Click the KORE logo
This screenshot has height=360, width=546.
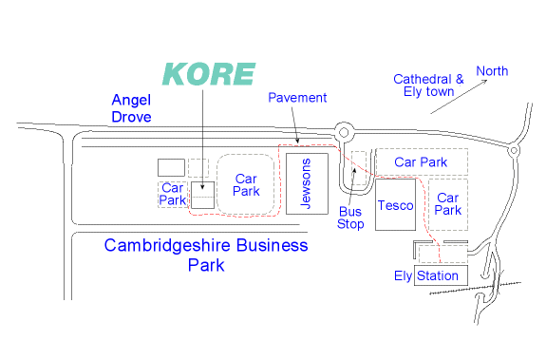(x=209, y=74)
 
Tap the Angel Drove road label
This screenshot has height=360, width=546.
(x=139, y=107)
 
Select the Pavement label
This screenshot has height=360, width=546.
(x=297, y=98)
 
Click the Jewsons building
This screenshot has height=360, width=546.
(x=307, y=184)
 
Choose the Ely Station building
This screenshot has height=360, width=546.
(x=441, y=275)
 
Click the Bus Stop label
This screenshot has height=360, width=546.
(x=350, y=218)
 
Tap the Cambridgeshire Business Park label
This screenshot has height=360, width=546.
(x=206, y=255)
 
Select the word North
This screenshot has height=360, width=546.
(x=492, y=71)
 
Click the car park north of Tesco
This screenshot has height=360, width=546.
(x=421, y=162)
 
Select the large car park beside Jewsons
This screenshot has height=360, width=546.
(x=247, y=184)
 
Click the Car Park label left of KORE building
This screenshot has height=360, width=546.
(x=172, y=193)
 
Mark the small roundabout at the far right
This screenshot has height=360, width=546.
(x=513, y=149)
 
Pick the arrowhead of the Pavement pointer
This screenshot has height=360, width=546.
(x=300, y=143)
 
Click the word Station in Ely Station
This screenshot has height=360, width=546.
(x=438, y=276)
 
